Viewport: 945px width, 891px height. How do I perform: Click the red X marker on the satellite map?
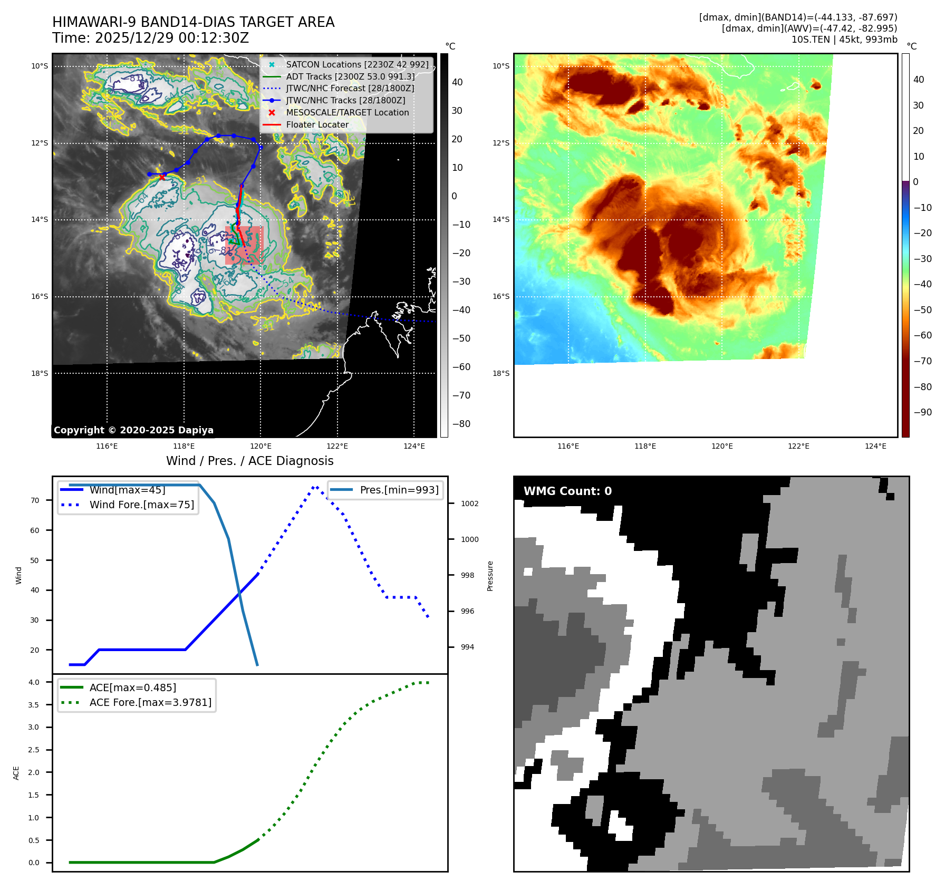tap(162, 177)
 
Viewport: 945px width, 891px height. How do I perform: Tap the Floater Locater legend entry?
tap(317, 125)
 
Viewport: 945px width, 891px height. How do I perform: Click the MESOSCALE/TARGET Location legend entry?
tap(347, 113)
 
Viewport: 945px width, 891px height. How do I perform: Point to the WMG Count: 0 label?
tap(567, 491)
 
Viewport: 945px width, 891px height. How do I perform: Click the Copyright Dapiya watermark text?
tap(133, 430)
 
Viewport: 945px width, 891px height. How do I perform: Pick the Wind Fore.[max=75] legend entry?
tap(141, 505)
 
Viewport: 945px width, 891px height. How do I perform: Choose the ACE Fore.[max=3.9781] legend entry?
tap(150, 702)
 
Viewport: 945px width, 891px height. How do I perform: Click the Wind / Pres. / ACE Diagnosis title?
tap(249, 461)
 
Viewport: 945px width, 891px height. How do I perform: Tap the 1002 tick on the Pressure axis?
tap(469, 503)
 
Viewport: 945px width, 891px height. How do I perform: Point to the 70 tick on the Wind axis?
tap(35, 500)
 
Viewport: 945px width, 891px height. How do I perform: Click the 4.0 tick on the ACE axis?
tap(34, 682)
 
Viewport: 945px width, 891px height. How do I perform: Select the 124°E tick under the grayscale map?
tap(414, 447)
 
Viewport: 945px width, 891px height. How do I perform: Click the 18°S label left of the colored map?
tap(501, 373)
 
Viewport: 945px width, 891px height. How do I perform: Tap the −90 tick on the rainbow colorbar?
tap(922, 412)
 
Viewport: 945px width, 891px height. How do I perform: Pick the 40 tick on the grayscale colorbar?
tap(457, 82)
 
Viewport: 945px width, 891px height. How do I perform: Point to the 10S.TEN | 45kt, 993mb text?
tap(844, 40)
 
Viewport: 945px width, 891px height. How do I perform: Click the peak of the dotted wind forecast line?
tap(315, 487)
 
